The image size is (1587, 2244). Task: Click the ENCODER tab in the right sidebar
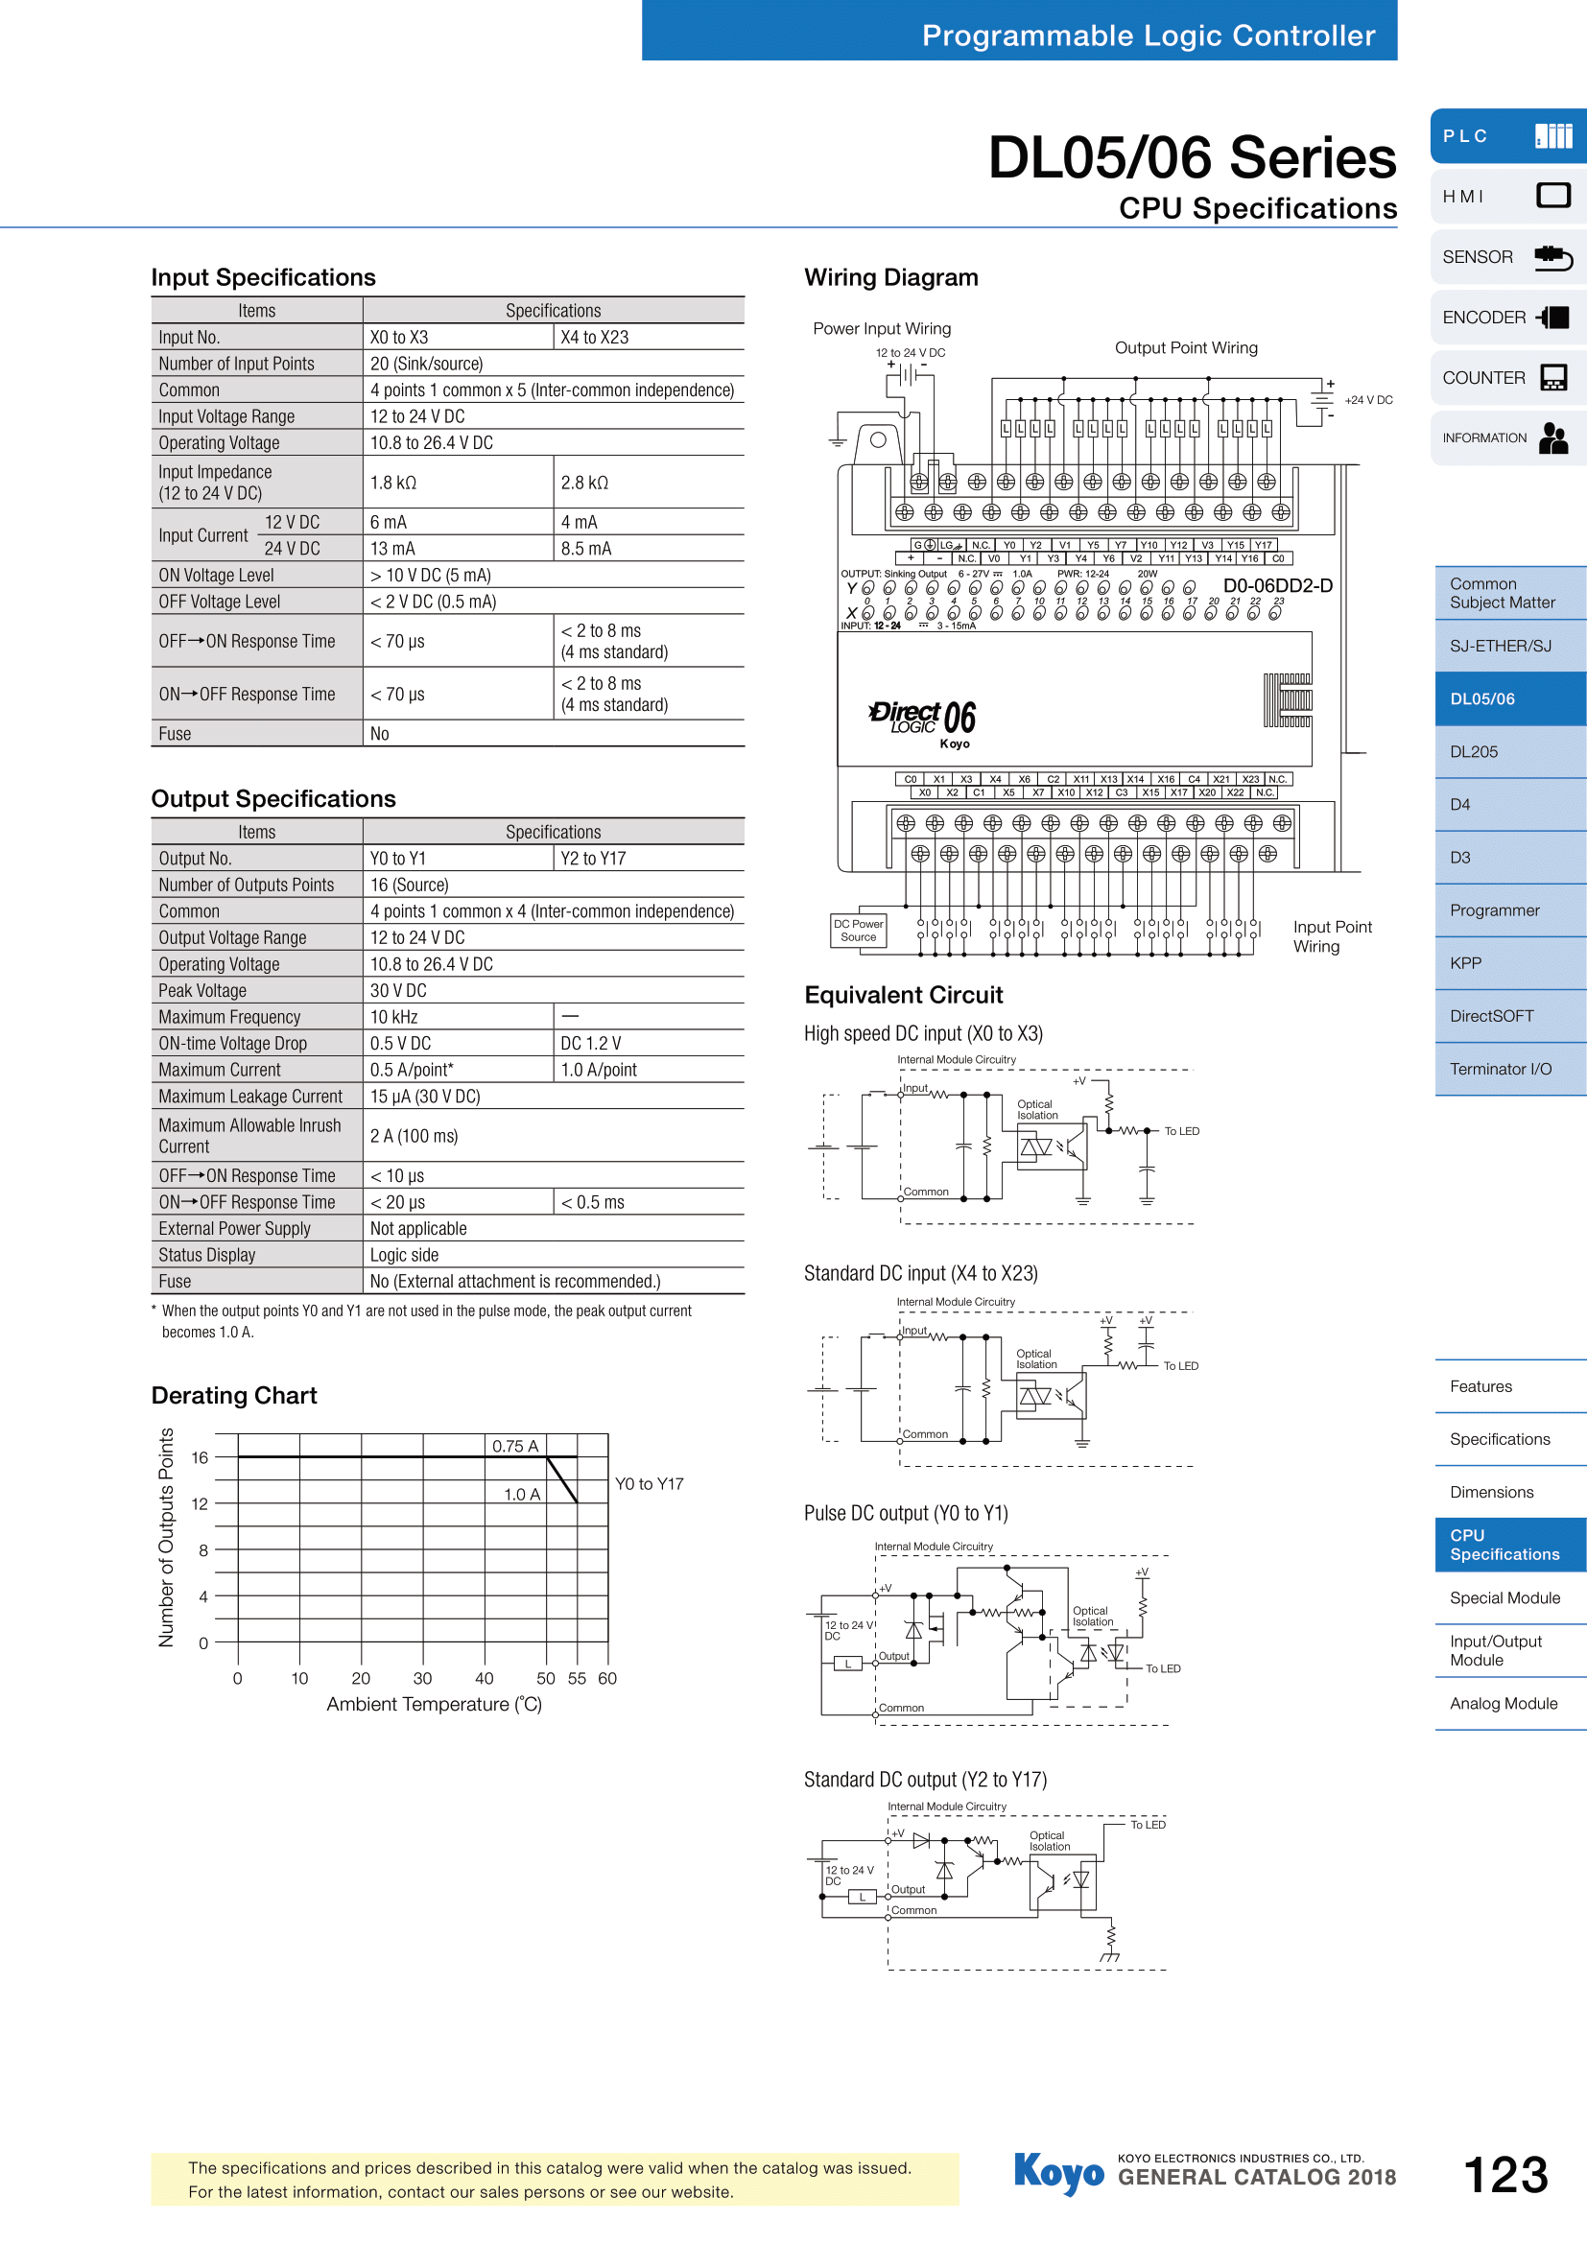(x=1504, y=318)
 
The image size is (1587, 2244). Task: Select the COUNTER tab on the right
(x=1504, y=378)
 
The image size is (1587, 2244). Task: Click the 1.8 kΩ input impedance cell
(x=393, y=483)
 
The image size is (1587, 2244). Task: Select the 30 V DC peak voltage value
(x=399, y=991)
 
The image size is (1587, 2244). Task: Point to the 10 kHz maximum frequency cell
(x=393, y=1017)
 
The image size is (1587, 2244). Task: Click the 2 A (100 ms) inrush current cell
(x=415, y=1136)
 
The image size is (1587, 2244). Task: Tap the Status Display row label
(x=207, y=1255)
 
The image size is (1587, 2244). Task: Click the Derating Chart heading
(x=234, y=1396)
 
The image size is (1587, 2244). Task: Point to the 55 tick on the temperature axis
(x=578, y=1679)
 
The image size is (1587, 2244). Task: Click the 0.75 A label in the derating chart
(x=515, y=1447)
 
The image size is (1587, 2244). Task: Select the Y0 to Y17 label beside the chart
(x=649, y=1483)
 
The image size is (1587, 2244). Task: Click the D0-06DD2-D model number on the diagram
(x=1277, y=586)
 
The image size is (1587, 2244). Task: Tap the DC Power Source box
(x=858, y=931)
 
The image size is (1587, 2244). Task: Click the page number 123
(x=1504, y=2176)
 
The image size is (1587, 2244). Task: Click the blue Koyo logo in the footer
(x=1059, y=2173)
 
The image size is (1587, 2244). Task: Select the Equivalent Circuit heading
(x=904, y=995)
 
